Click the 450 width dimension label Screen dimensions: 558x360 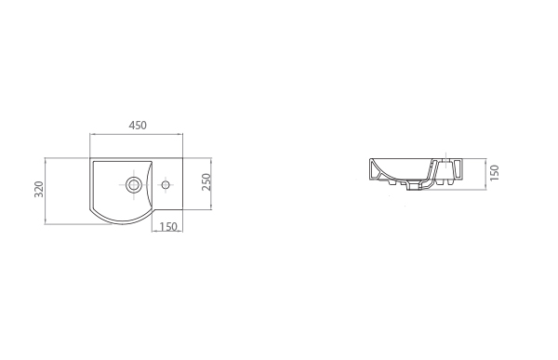pos(138,126)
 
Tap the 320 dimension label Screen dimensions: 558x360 pos(39,190)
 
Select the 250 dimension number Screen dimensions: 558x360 pos(206,182)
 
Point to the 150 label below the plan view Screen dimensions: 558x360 pos(168,227)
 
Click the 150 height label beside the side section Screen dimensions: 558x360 pos(495,173)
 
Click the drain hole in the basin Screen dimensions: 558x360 pos(134,184)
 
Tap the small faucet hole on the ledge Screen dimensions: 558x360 pos(166,185)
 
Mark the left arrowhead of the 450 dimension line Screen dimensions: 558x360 pos(91,134)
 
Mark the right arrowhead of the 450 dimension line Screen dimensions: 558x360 pos(180,134)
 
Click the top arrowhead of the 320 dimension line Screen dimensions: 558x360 pos(46,159)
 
